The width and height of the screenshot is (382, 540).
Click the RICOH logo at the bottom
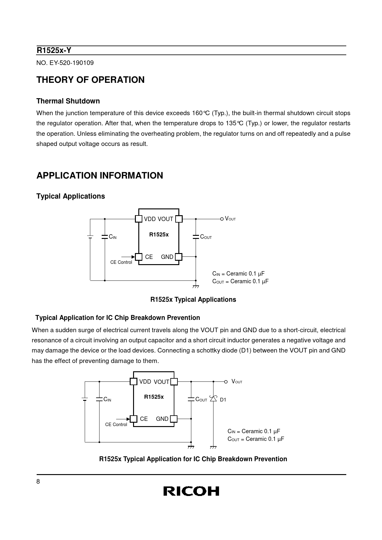[x=191, y=491]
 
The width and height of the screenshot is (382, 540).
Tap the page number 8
[x=38, y=482]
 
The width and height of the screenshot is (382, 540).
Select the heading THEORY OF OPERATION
[x=91, y=80]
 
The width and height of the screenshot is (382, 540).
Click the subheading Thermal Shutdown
[x=68, y=101]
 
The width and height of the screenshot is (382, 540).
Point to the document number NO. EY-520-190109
[x=65, y=63]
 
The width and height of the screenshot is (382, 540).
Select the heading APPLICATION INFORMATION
[x=100, y=175]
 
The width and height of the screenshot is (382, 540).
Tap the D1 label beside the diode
[x=223, y=400]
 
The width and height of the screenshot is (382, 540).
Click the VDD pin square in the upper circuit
[x=139, y=219]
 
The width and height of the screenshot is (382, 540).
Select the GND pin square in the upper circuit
[x=178, y=256]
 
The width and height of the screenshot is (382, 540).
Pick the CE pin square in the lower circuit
[x=133, y=419]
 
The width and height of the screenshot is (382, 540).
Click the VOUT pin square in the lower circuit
[x=174, y=381]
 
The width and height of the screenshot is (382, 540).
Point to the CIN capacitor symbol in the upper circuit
[x=105, y=237]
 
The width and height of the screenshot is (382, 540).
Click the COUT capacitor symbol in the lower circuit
[x=191, y=399]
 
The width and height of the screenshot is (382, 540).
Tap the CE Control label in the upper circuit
[x=121, y=262]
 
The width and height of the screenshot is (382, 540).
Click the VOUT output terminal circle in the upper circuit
[x=222, y=219]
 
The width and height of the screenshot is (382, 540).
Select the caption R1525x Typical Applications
[x=193, y=300]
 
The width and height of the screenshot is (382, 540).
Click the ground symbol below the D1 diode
[x=213, y=447]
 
